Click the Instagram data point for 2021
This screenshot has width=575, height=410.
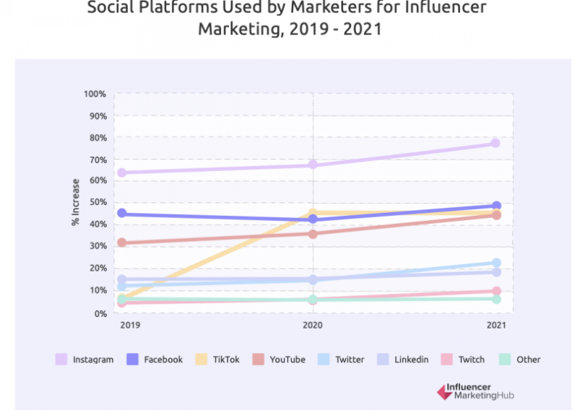[x=496, y=143]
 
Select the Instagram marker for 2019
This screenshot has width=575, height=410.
[x=121, y=173]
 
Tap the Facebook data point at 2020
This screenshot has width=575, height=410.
[x=312, y=219]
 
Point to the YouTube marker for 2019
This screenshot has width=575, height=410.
[x=121, y=243]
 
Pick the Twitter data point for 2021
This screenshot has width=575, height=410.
[x=496, y=263]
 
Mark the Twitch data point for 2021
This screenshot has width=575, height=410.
[x=496, y=292]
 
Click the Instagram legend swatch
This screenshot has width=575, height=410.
[x=61, y=359]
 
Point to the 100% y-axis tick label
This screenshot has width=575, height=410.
[x=95, y=94]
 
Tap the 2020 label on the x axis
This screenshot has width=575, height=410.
[x=312, y=326]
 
